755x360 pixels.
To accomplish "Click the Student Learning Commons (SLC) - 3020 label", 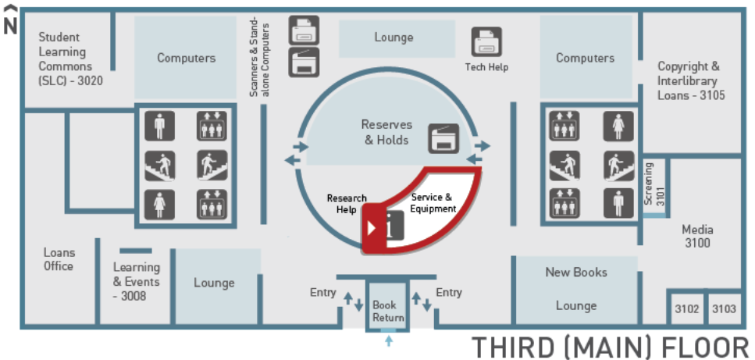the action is tap(70, 59).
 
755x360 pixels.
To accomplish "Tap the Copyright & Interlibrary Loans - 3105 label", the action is tap(691, 80).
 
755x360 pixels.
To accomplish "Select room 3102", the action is tap(686, 308).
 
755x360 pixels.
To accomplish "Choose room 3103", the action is tap(725, 308).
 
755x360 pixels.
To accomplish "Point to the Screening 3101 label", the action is tap(655, 184).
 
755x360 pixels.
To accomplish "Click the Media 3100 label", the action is tap(697, 237).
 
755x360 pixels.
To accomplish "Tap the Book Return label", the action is tap(387, 311).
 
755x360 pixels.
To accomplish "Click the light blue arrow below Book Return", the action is tap(389, 341).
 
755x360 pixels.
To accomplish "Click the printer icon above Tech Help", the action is tap(486, 41).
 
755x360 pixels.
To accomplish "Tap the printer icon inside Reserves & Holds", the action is tap(443, 138).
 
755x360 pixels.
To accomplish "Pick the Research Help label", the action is tap(347, 204).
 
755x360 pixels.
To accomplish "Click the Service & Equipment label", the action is tap(433, 202).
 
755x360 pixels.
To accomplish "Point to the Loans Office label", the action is tap(59, 259).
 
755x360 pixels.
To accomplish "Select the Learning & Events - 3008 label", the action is tap(137, 281).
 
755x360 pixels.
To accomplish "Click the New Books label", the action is tap(576, 272).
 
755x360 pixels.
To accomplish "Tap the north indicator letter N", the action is tap(10, 27).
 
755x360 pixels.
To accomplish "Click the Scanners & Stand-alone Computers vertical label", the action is tap(259, 57).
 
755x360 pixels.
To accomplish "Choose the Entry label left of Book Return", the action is tap(322, 292).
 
